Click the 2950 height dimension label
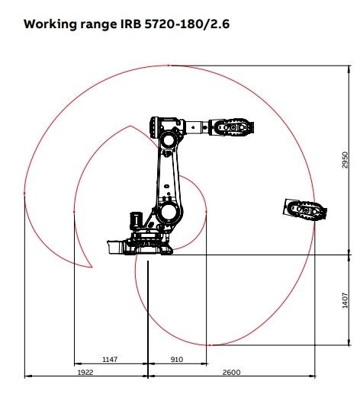pos(345,160)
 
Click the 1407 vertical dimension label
pos(345,300)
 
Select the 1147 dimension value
pos(110,359)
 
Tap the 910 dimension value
pos(176,359)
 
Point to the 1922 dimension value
pos(85,372)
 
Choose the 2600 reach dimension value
pos(231,372)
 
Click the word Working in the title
pos(50,24)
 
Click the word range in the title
pos(98,25)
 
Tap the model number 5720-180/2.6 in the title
pos(187,24)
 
